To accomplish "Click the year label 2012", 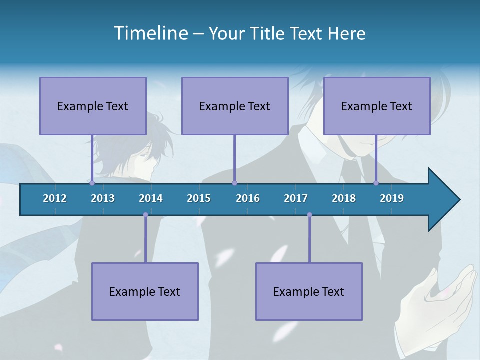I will click(x=55, y=198).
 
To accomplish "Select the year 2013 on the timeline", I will click(x=103, y=198).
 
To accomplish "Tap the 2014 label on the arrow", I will click(x=151, y=198).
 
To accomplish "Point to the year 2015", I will click(x=199, y=198).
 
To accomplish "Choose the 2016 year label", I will click(x=248, y=198).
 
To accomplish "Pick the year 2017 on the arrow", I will click(x=296, y=198).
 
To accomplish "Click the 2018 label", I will click(x=344, y=198).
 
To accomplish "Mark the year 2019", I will click(x=392, y=198).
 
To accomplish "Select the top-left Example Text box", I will click(x=93, y=106).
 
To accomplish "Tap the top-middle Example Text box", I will click(x=235, y=106).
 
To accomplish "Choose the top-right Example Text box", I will click(x=377, y=106).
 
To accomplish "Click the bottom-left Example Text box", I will click(x=145, y=291).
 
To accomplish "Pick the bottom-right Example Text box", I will click(x=309, y=291).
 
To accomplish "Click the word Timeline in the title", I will click(x=150, y=33).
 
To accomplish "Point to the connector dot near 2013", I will click(x=92, y=183).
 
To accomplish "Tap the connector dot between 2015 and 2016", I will click(x=234, y=183).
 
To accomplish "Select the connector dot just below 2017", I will click(x=309, y=215).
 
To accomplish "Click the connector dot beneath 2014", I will click(x=145, y=215).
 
